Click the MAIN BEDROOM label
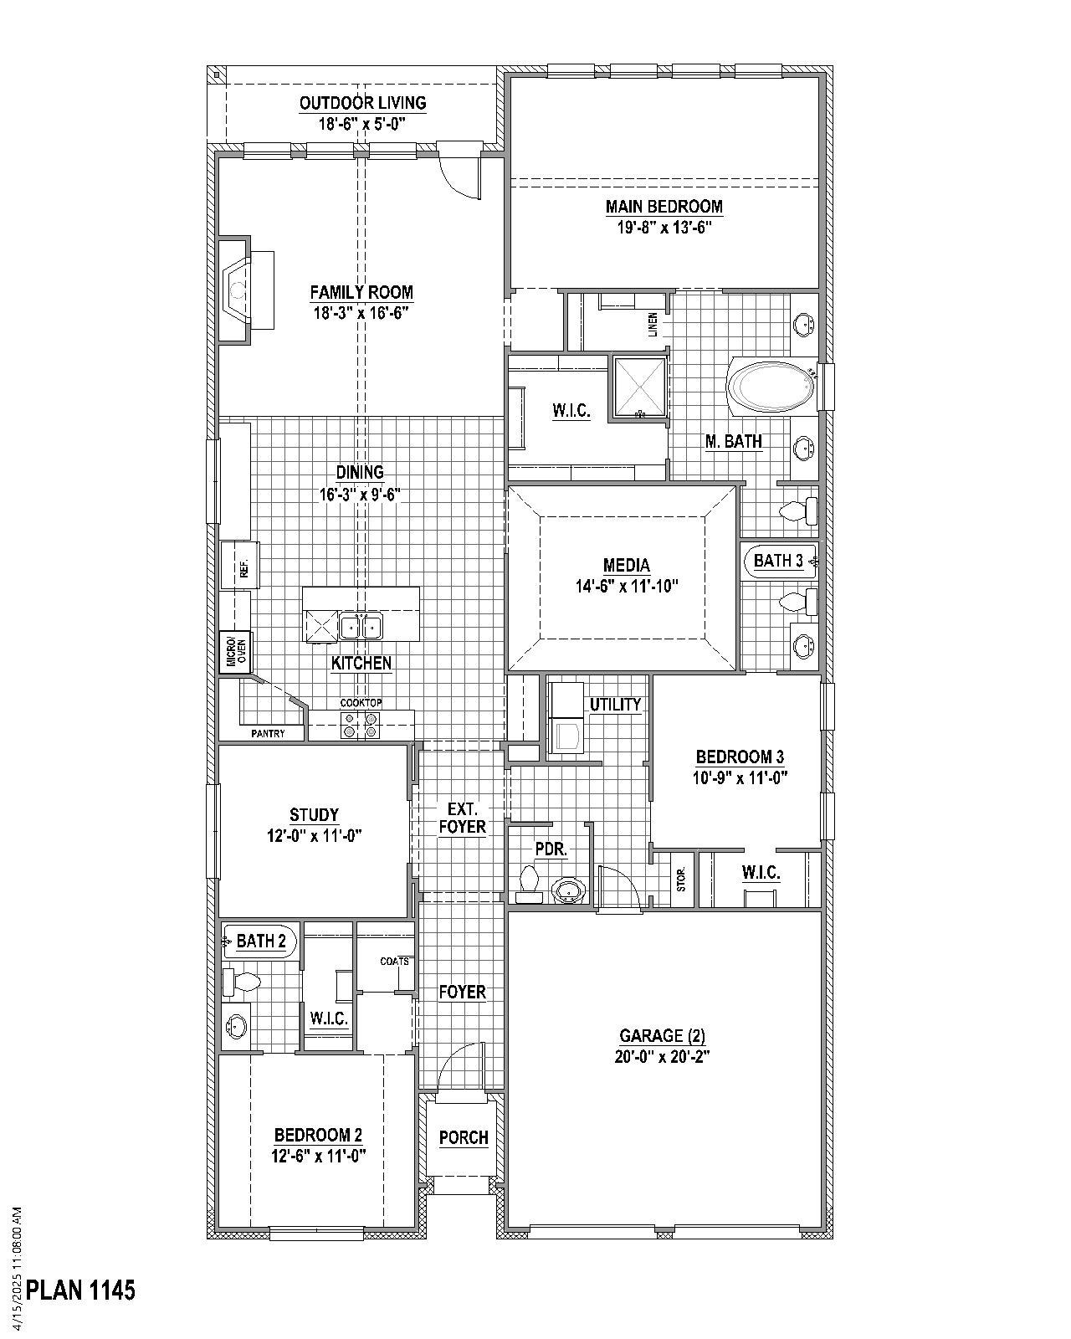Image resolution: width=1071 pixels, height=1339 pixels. point(664,206)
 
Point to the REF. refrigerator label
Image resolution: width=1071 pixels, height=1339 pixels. point(244,570)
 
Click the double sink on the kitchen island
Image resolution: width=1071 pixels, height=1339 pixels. point(361,625)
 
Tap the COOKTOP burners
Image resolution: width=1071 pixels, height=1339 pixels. point(361,725)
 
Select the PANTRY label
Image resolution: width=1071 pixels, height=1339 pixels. point(268,733)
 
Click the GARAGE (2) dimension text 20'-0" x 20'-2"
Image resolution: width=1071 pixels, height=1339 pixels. point(662,1056)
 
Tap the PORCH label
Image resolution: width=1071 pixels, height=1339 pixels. point(464,1137)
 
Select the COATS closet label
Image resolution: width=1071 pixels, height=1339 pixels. point(394,962)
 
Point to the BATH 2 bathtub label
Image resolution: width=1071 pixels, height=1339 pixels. point(261,941)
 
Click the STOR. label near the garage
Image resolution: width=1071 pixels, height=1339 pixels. point(681,879)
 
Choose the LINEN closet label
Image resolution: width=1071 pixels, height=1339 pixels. point(653,325)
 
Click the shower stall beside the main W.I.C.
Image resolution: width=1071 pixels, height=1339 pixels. point(640,387)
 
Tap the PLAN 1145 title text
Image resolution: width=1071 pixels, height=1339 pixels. point(80,1290)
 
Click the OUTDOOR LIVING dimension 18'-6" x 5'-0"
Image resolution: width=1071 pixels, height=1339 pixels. point(361,124)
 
